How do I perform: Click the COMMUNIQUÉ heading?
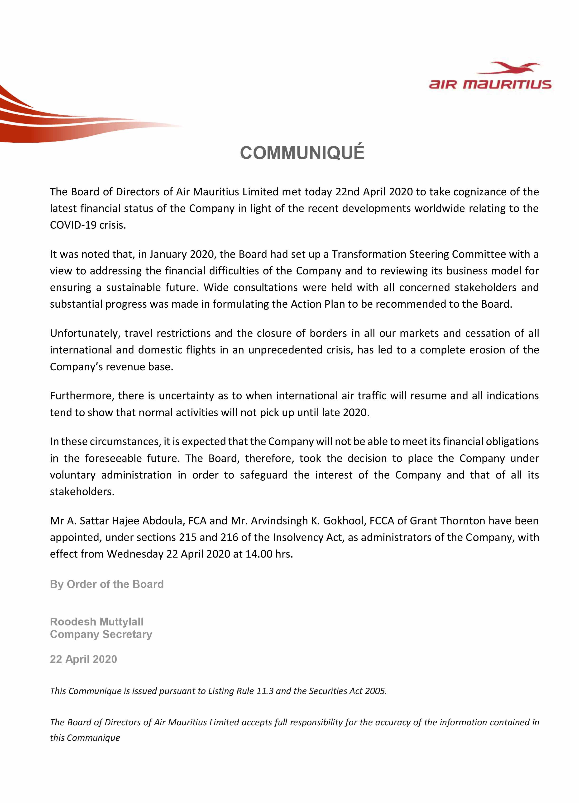tap(302, 153)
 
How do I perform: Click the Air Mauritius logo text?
tap(490, 85)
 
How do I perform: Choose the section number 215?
tap(187, 537)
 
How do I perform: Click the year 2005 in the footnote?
tap(376, 691)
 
